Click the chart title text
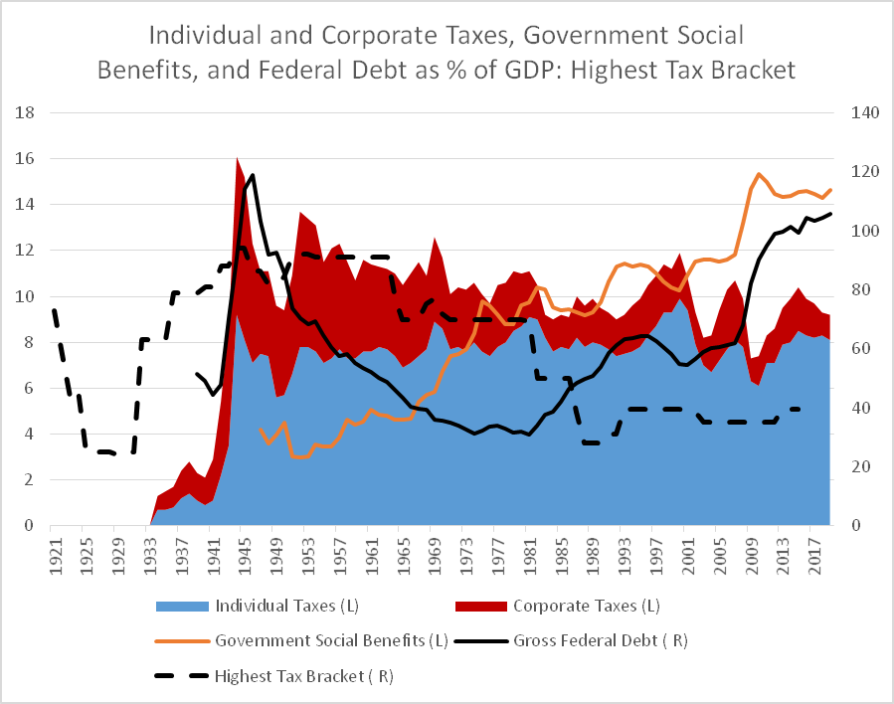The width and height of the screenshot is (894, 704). (447, 55)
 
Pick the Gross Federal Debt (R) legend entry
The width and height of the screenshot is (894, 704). (600, 641)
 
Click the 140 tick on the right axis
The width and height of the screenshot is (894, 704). (861, 112)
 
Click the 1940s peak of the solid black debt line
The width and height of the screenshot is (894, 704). (253, 175)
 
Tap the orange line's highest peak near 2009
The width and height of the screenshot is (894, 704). (759, 174)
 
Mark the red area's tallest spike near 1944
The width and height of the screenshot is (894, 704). (237, 158)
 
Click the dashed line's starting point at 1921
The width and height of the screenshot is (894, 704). (54, 310)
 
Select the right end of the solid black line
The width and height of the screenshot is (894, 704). (830, 213)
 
